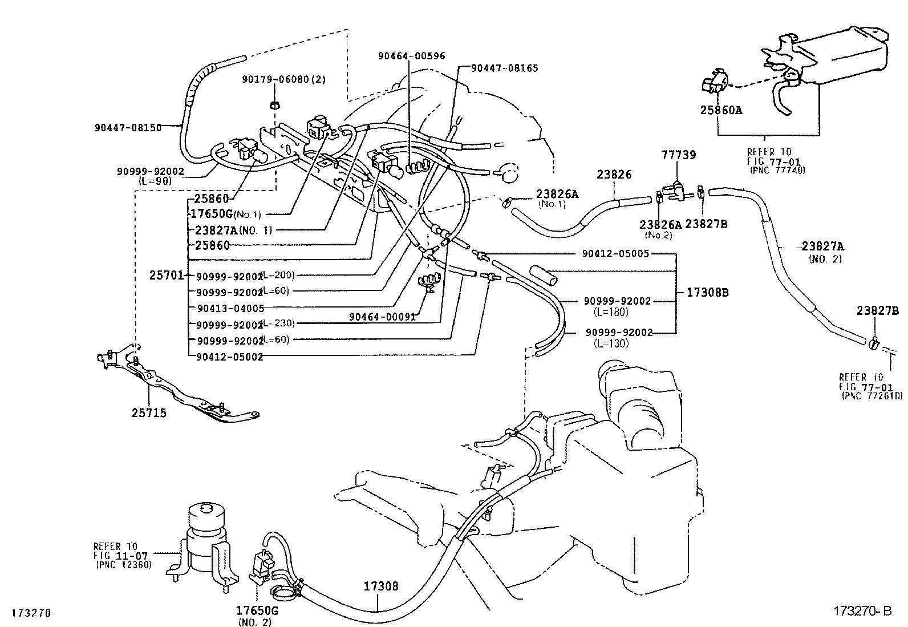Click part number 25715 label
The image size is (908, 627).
(x=149, y=412)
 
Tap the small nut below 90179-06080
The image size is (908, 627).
(x=274, y=104)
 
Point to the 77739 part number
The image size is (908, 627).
(x=678, y=155)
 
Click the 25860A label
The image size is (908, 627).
(x=721, y=110)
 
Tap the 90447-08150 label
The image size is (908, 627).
(x=128, y=128)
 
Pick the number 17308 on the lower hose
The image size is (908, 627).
(x=381, y=586)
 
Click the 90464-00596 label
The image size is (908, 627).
(x=411, y=56)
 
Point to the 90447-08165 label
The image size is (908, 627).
(x=504, y=68)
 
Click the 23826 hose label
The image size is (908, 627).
(x=614, y=175)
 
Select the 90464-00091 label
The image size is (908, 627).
(x=383, y=317)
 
